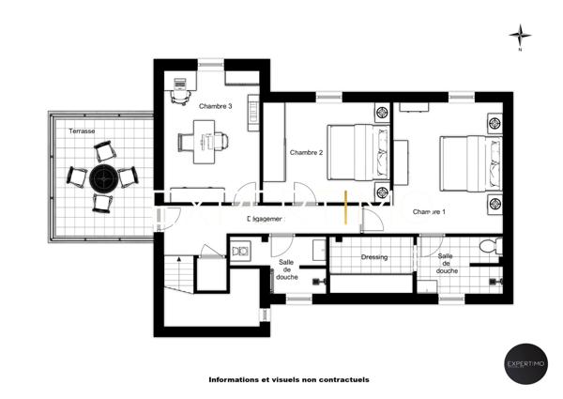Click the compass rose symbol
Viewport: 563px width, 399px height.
click(x=519, y=37)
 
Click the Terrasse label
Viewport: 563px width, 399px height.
click(x=81, y=131)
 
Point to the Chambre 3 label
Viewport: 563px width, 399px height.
click(x=217, y=106)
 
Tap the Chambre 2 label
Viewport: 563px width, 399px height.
click(x=306, y=152)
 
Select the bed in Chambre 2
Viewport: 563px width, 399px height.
click(x=355, y=151)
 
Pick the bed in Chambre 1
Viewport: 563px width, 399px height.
click(x=465, y=163)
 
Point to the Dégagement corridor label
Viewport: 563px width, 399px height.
click(x=264, y=219)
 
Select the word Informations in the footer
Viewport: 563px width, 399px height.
click(x=234, y=380)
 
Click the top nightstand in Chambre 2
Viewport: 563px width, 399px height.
click(x=382, y=113)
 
